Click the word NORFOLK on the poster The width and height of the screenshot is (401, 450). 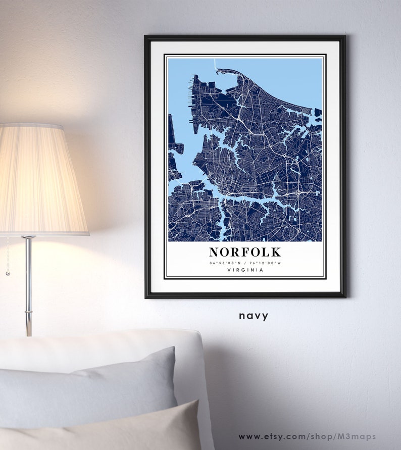click(x=245, y=252)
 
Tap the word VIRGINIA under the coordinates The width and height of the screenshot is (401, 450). click(x=245, y=270)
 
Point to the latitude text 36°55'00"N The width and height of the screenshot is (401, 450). click(x=225, y=263)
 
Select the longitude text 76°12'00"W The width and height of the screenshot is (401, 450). click(x=266, y=263)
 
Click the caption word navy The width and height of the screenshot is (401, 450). click(x=254, y=316)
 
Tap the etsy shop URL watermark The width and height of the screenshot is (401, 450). click(x=307, y=436)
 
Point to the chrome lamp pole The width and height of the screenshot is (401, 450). click(x=29, y=283)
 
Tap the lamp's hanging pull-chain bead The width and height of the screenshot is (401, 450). click(x=8, y=273)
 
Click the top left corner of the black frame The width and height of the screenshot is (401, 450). click(x=146, y=37)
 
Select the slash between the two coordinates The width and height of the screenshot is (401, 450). click(x=245, y=263)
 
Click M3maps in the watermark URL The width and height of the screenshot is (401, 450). click(x=360, y=436)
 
